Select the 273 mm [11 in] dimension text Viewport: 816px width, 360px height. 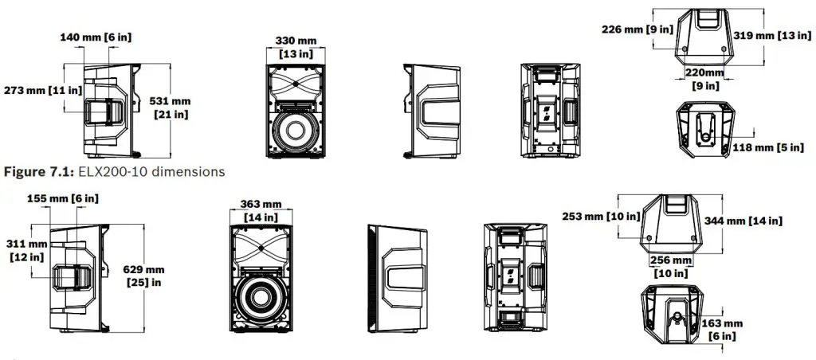coord(41,90)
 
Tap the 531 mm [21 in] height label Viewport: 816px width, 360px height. coord(171,108)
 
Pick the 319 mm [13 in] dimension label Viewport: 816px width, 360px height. coord(773,35)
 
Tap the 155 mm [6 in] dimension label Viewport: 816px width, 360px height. coord(63,198)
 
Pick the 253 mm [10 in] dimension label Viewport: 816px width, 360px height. coord(600,216)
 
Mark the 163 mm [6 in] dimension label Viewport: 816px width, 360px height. coord(723,330)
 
